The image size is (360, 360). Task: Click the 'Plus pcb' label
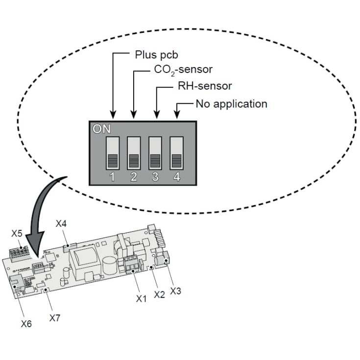pos(156,55)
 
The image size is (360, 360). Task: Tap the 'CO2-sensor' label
pos(183,70)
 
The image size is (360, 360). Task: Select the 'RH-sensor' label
pos(205,86)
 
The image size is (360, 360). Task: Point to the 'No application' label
pos(231,104)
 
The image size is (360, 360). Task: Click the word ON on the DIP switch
pos(101,129)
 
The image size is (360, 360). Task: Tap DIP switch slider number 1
pos(113,153)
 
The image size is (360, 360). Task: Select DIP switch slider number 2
pos(134,153)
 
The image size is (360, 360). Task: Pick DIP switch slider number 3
pos(155,153)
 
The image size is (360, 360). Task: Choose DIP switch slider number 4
pos(176,153)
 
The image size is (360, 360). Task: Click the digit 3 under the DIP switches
pos(155,177)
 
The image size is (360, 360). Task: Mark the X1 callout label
pos(141,299)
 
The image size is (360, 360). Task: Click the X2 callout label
pos(160,294)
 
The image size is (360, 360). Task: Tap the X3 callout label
pos(176,291)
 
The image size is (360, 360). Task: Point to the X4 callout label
pos(61,223)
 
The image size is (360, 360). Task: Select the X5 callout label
pos(17,234)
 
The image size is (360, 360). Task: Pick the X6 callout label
pos(26,324)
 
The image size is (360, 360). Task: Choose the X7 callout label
pos(55,318)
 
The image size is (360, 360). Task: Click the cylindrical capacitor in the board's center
pos(110,266)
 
